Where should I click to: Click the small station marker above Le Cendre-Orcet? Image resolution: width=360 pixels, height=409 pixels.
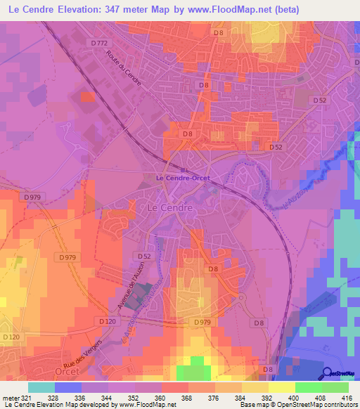coord(183,170)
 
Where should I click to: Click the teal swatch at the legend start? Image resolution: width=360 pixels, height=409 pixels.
coord(41,387)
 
